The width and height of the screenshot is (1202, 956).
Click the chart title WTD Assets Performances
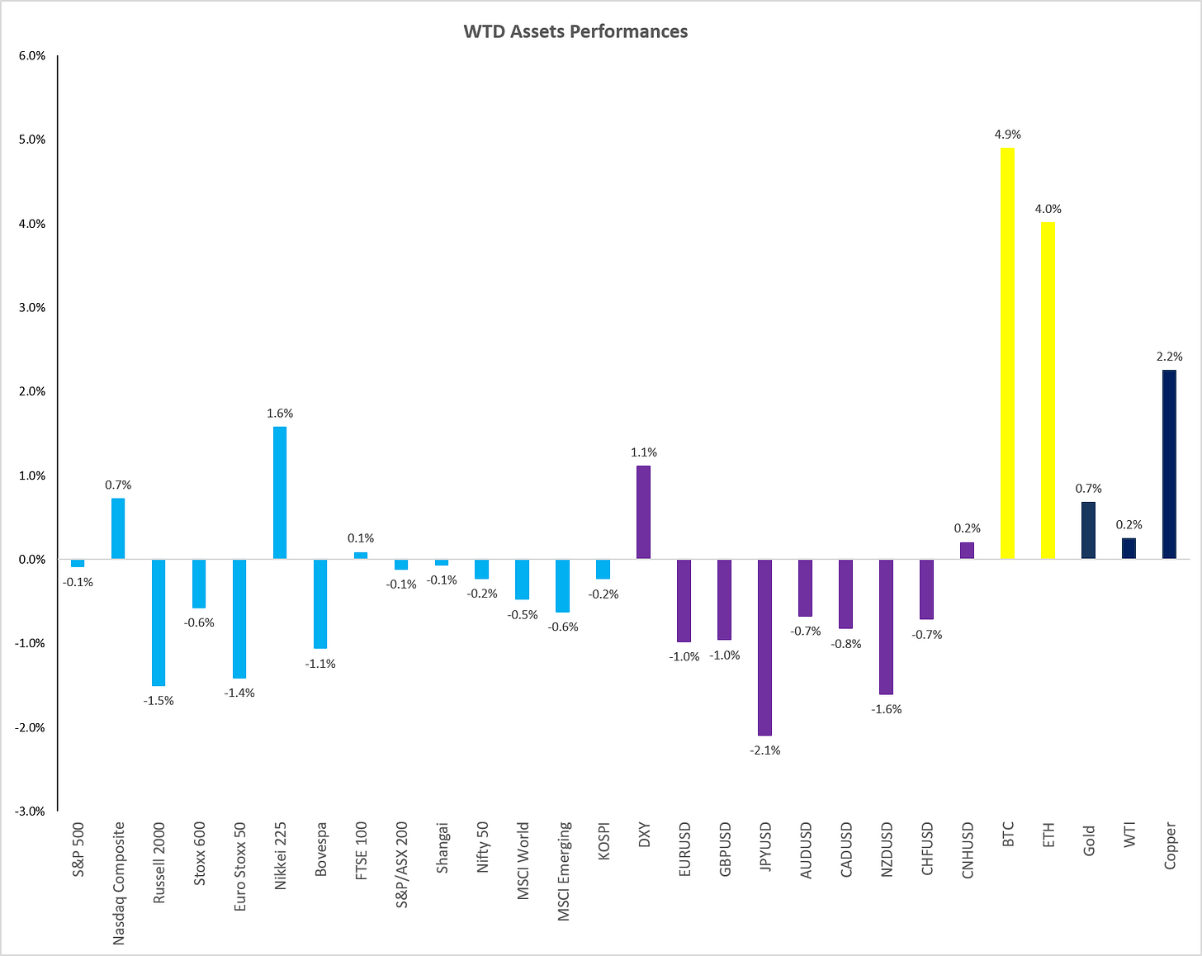[x=575, y=31]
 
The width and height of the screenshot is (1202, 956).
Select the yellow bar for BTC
[x=1008, y=353]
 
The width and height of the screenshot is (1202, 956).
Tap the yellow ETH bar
[x=1048, y=390]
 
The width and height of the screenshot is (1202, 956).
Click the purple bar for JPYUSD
[x=764, y=647]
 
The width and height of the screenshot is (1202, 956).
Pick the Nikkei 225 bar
[x=280, y=493]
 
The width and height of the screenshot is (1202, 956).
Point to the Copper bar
[x=1169, y=464]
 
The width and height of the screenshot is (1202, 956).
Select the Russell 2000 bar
[x=159, y=622]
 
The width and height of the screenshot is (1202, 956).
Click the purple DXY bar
[x=643, y=513]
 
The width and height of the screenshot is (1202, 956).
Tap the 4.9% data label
[x=1008, y=134]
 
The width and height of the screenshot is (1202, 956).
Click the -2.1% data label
[x=764, y=750]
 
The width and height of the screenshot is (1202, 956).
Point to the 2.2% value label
[x=1169, y=356]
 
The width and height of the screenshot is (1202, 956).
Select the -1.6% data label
[x=887, y=709]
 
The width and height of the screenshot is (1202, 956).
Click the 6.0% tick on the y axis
[x=32, y=56]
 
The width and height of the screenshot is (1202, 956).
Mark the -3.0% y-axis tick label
[x=31, y=812]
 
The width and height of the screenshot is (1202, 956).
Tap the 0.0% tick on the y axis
[x=32, y=559]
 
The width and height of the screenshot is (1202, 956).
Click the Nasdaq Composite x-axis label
[x=118, y=883]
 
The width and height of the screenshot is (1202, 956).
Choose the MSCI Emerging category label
[x=563, y=871]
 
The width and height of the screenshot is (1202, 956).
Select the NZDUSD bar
[x=886, y=627]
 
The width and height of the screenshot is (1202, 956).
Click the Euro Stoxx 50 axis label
[x=239, y=867]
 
